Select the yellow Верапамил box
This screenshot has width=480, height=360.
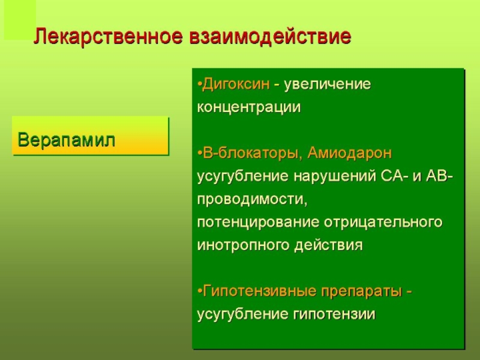(91, 136)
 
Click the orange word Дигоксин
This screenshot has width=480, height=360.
(236, 84)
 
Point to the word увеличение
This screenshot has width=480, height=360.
(327, 84)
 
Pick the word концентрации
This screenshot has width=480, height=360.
(249, 107)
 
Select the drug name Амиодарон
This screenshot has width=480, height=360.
(350, 153)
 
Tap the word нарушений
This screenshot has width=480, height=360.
(334, 176)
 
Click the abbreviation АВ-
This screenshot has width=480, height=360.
(439, 176)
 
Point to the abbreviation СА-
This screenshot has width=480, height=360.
(394, 176)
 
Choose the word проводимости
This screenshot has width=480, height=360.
(252, 199)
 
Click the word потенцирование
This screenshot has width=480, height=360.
(258, 222)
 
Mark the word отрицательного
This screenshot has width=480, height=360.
(383, 222)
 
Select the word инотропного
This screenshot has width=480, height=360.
(243, 245)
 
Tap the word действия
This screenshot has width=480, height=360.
(328, 245)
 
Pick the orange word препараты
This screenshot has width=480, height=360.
(361, 291)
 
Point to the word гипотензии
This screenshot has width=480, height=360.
(334, 314)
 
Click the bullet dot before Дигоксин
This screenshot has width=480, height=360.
(200, 85)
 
